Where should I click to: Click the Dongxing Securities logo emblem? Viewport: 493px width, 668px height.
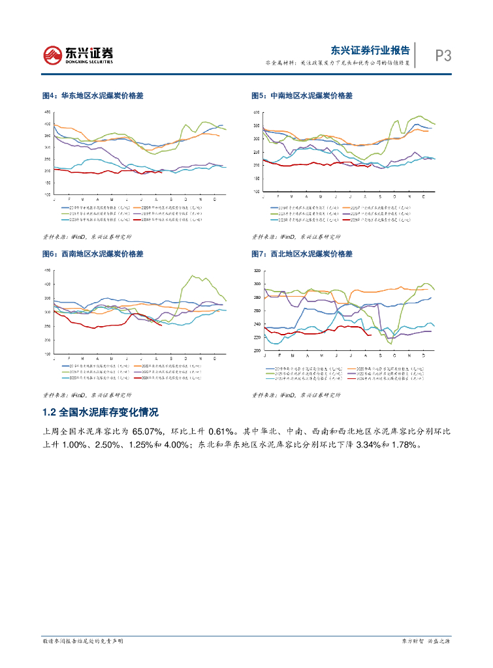click(53, 54)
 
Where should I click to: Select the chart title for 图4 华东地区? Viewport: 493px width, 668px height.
click(93, 96)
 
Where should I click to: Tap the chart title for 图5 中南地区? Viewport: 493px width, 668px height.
click(302, 96)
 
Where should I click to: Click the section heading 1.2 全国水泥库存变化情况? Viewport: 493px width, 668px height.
click(99, 413)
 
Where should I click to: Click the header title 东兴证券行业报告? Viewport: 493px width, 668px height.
click(370, 50)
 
